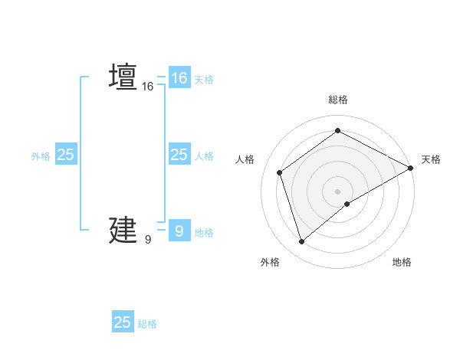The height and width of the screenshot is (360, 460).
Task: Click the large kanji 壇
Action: [123, 77]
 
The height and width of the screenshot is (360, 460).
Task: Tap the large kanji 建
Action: [123, 230]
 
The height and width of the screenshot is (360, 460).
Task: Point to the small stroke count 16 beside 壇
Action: [148, 87]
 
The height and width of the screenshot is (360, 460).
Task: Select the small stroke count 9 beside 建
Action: [148, 240]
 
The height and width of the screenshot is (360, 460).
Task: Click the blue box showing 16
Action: [179, 78]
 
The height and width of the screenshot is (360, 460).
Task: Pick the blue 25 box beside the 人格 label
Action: [179, 155]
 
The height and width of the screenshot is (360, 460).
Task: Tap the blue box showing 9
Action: [179, 231]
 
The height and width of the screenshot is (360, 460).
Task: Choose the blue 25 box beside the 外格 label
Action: [65, 155]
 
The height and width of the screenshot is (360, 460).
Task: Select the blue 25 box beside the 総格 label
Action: [123, 322]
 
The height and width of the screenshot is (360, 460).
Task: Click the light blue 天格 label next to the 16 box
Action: [204, 79]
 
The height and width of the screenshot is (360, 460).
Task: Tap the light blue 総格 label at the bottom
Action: [147, 324]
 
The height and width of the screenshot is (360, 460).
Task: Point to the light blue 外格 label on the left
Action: [41, 155]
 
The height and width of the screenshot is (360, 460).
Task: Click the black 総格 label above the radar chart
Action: [338, 100]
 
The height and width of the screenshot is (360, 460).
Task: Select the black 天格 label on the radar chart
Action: [431, 159]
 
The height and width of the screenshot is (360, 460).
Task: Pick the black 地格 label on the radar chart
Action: [402, 262]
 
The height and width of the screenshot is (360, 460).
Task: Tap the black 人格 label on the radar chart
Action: [245, 159]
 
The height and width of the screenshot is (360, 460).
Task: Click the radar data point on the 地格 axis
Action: [347, 204]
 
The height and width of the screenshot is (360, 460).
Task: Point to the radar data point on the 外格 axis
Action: [301, 242]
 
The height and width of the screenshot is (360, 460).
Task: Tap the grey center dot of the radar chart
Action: [338, 191]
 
